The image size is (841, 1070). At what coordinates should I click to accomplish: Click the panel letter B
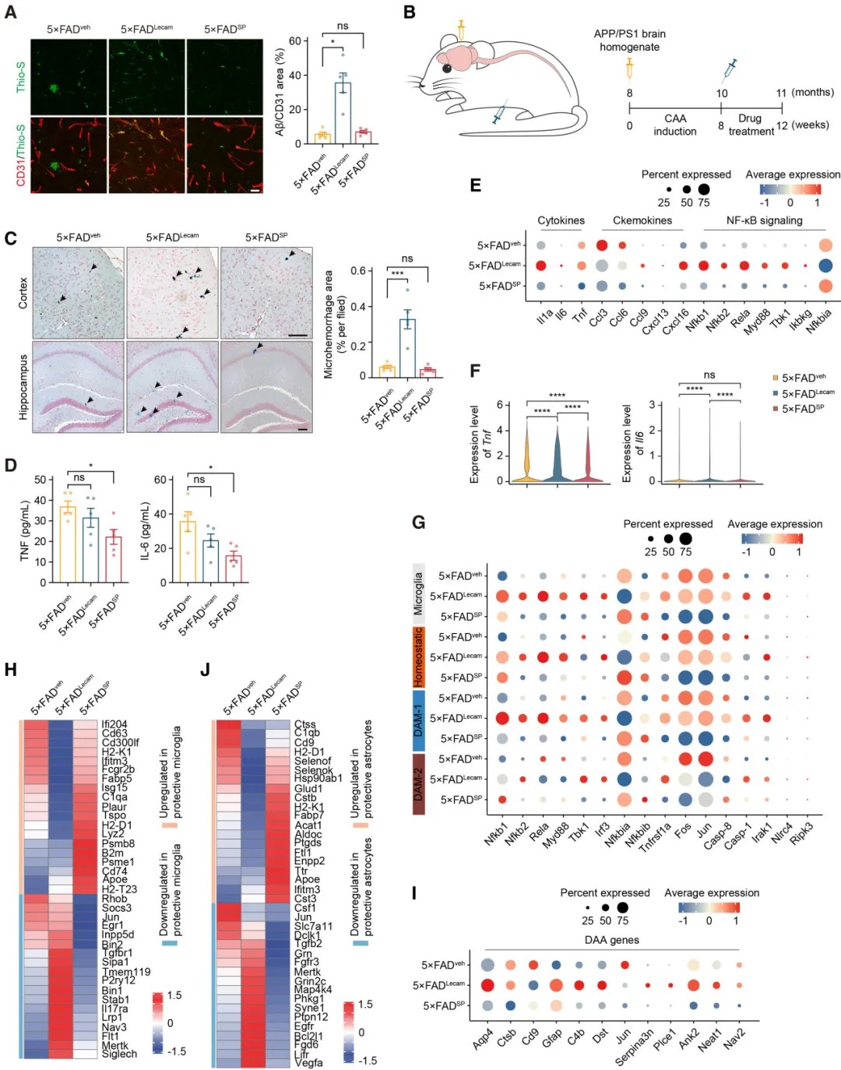coord(410,12)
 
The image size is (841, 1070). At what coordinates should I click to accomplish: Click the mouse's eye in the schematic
coord(447,68)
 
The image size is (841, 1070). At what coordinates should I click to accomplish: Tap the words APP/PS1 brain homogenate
coord(629,40)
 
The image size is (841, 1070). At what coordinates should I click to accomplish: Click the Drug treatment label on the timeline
coord(751,125)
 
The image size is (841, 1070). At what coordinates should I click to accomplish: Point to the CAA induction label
coord(675,125)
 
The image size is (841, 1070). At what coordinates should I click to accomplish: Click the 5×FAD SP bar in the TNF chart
coord(114,559)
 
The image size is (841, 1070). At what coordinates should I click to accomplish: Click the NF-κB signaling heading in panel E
coord(764,220)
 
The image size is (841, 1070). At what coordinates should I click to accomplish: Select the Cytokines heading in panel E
coord(561,220)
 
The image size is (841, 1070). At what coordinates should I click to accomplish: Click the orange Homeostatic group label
coord(418,656)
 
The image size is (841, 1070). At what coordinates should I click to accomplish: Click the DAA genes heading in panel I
coord(611,940)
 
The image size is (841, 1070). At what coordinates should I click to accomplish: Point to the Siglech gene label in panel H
coord(119,1054)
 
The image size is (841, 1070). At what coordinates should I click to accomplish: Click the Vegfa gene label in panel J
coord(308,1062)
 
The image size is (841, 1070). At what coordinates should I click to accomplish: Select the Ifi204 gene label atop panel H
coord(114,724)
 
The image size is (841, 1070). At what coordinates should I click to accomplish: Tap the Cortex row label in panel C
coord(23,293)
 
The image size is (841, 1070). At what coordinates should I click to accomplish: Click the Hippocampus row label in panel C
coord(23,387)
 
